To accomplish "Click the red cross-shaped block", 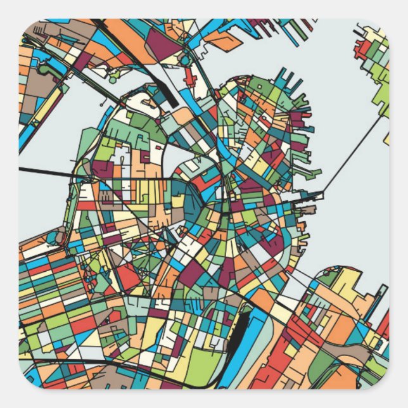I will (189, 77).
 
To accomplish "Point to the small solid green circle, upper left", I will (113, 80).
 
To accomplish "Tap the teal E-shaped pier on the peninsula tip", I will (293, 82).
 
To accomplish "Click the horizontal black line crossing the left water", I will (51, 171).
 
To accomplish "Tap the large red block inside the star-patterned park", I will (130, 276).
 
